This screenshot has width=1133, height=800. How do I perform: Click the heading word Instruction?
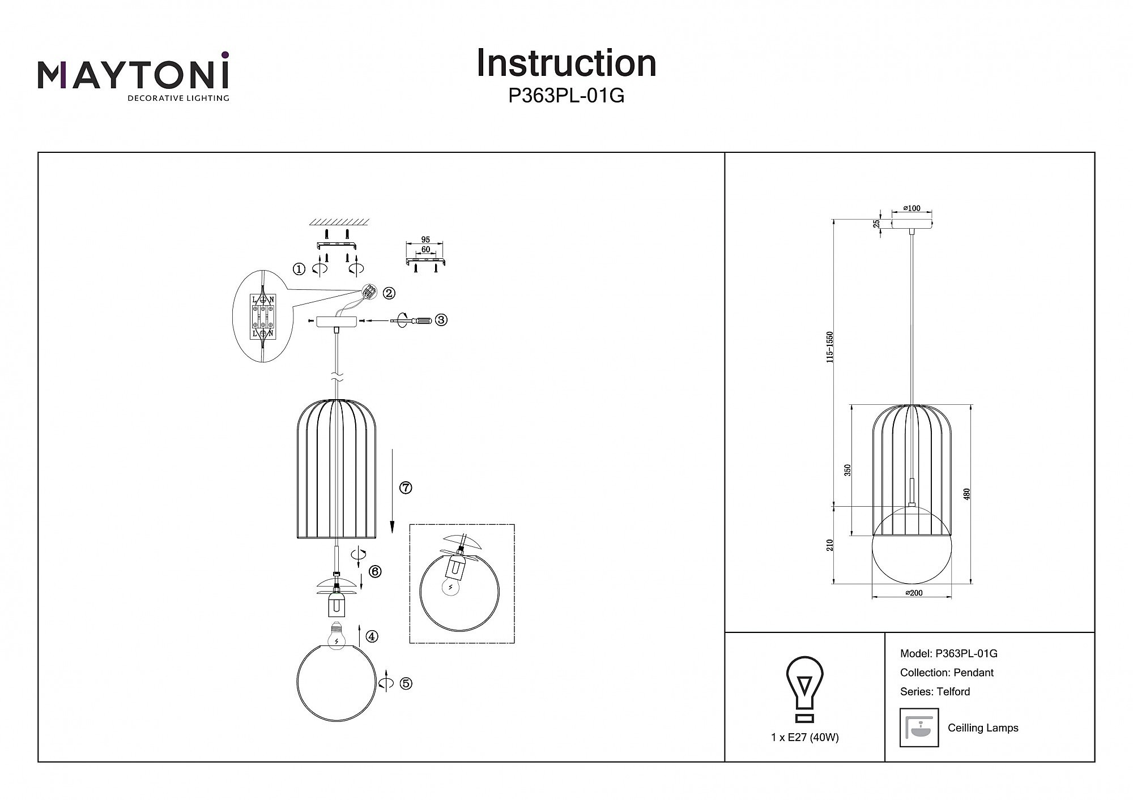(x=566, y=63)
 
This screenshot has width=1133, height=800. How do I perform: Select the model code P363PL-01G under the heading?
(x=566, y=96)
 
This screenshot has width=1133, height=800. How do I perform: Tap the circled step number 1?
(x=299, y=269)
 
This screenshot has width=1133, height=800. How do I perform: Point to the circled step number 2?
(x=389, y=293)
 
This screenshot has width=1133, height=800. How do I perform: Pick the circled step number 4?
(x=372, y=636)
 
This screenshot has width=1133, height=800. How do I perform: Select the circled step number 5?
(x=406, y=683)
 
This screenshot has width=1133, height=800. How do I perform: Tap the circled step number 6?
(x=374, y=571)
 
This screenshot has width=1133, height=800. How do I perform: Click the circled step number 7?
(x=406, y=487)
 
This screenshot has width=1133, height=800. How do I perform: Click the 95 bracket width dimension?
(x=425, y=239)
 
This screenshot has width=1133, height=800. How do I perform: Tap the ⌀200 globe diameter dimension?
(x=914, y=593)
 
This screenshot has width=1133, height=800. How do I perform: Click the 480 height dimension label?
(x=967, y=494)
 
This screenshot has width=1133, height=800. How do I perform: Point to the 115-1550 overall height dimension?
(x=830, y=347)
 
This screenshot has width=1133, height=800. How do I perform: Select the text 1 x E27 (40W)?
(x=804, y=737)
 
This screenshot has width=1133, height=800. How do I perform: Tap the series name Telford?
(x=953, y=691)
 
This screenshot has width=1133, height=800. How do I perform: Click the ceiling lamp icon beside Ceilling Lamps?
(x=919, y=728)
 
